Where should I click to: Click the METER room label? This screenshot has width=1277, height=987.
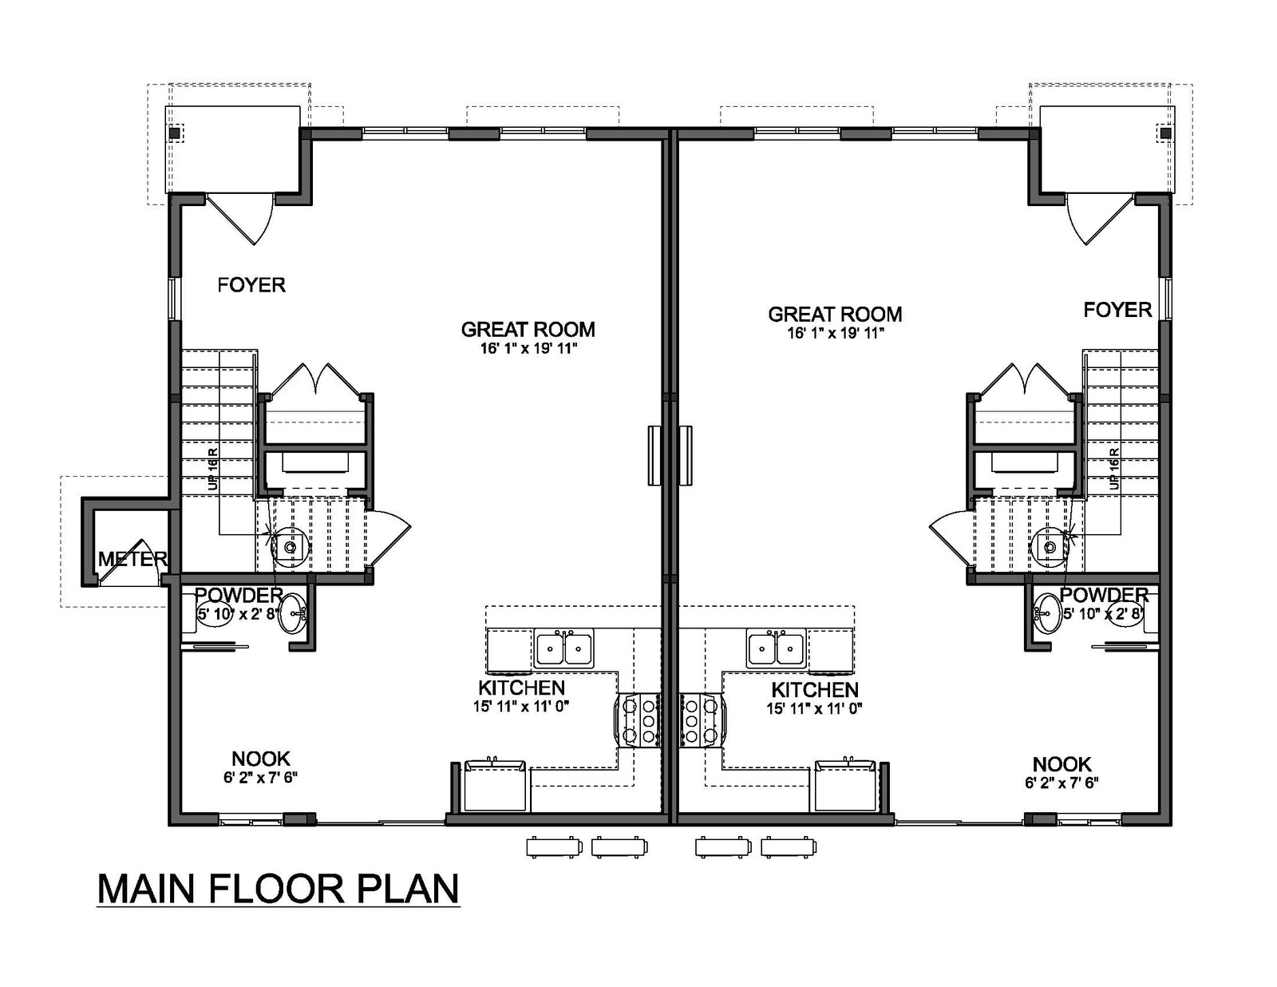132,558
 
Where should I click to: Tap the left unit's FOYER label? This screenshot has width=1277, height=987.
251,285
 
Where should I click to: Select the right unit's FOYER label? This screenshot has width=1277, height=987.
1117,310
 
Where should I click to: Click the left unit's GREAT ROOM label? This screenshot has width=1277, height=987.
528,329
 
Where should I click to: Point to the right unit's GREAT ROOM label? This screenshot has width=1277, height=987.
835,314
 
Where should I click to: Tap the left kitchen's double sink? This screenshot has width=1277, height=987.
563,648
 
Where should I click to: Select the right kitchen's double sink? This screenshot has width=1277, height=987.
777,648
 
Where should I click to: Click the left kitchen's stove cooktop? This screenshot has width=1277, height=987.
638,720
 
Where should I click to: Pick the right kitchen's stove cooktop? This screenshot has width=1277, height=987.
702,720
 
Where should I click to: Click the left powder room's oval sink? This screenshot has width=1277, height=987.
292,614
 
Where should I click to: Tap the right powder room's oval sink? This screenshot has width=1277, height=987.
1046,613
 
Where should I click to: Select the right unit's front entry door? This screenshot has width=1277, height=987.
1098,220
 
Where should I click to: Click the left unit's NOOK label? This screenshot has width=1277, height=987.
260,759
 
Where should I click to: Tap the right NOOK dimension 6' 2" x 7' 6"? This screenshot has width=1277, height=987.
1062,783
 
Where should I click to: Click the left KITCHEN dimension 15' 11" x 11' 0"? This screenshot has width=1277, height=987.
521,706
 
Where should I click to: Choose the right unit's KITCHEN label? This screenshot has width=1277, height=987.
815,690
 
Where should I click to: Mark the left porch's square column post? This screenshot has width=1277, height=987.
175,133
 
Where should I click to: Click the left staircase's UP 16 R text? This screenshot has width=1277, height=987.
213,469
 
